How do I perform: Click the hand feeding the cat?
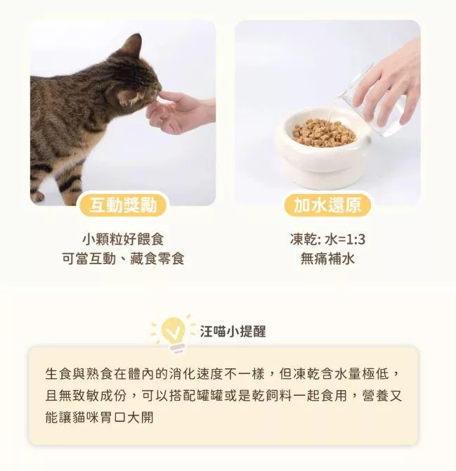point(179,110)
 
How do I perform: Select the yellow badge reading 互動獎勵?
point(123,205)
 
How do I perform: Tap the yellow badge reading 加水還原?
point(327,205)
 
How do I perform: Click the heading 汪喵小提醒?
point(233,331)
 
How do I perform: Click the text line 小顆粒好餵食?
point(123,239)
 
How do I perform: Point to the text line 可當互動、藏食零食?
point(123,258)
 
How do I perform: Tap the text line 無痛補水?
point(327,258)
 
